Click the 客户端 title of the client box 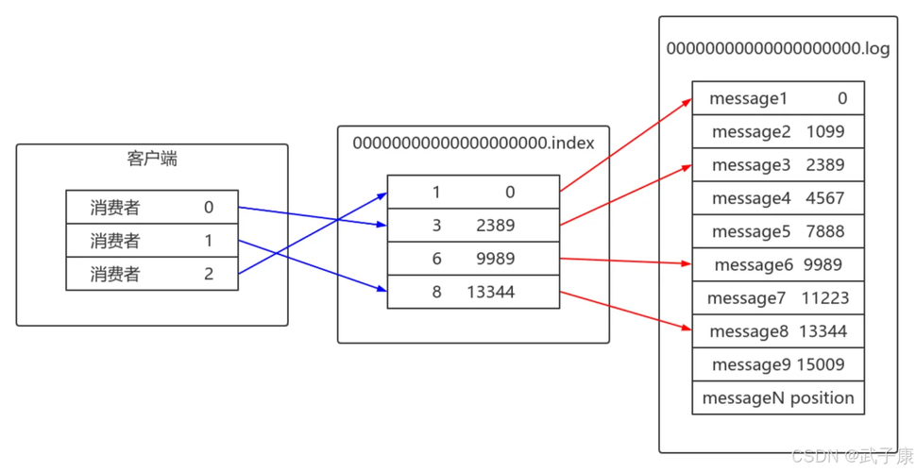tap(151, 159)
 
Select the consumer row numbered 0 tap(151, 208)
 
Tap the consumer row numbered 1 tap(151, 241)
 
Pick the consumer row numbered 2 tap(151, 274)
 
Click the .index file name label tap(473, 143)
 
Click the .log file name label tap(777, 49)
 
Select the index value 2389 tap(496, 226)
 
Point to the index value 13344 tap(490, 292)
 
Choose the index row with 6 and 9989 tap(473, 259)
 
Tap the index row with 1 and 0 tap(473, 193)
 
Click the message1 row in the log tap(777, 98)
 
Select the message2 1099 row tap(777, 131)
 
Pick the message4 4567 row tap(777, 198)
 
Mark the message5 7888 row tap(777, 231)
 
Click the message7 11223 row tap(777, 298)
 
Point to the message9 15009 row tap(777, 364)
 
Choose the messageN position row tap(777, 397)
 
